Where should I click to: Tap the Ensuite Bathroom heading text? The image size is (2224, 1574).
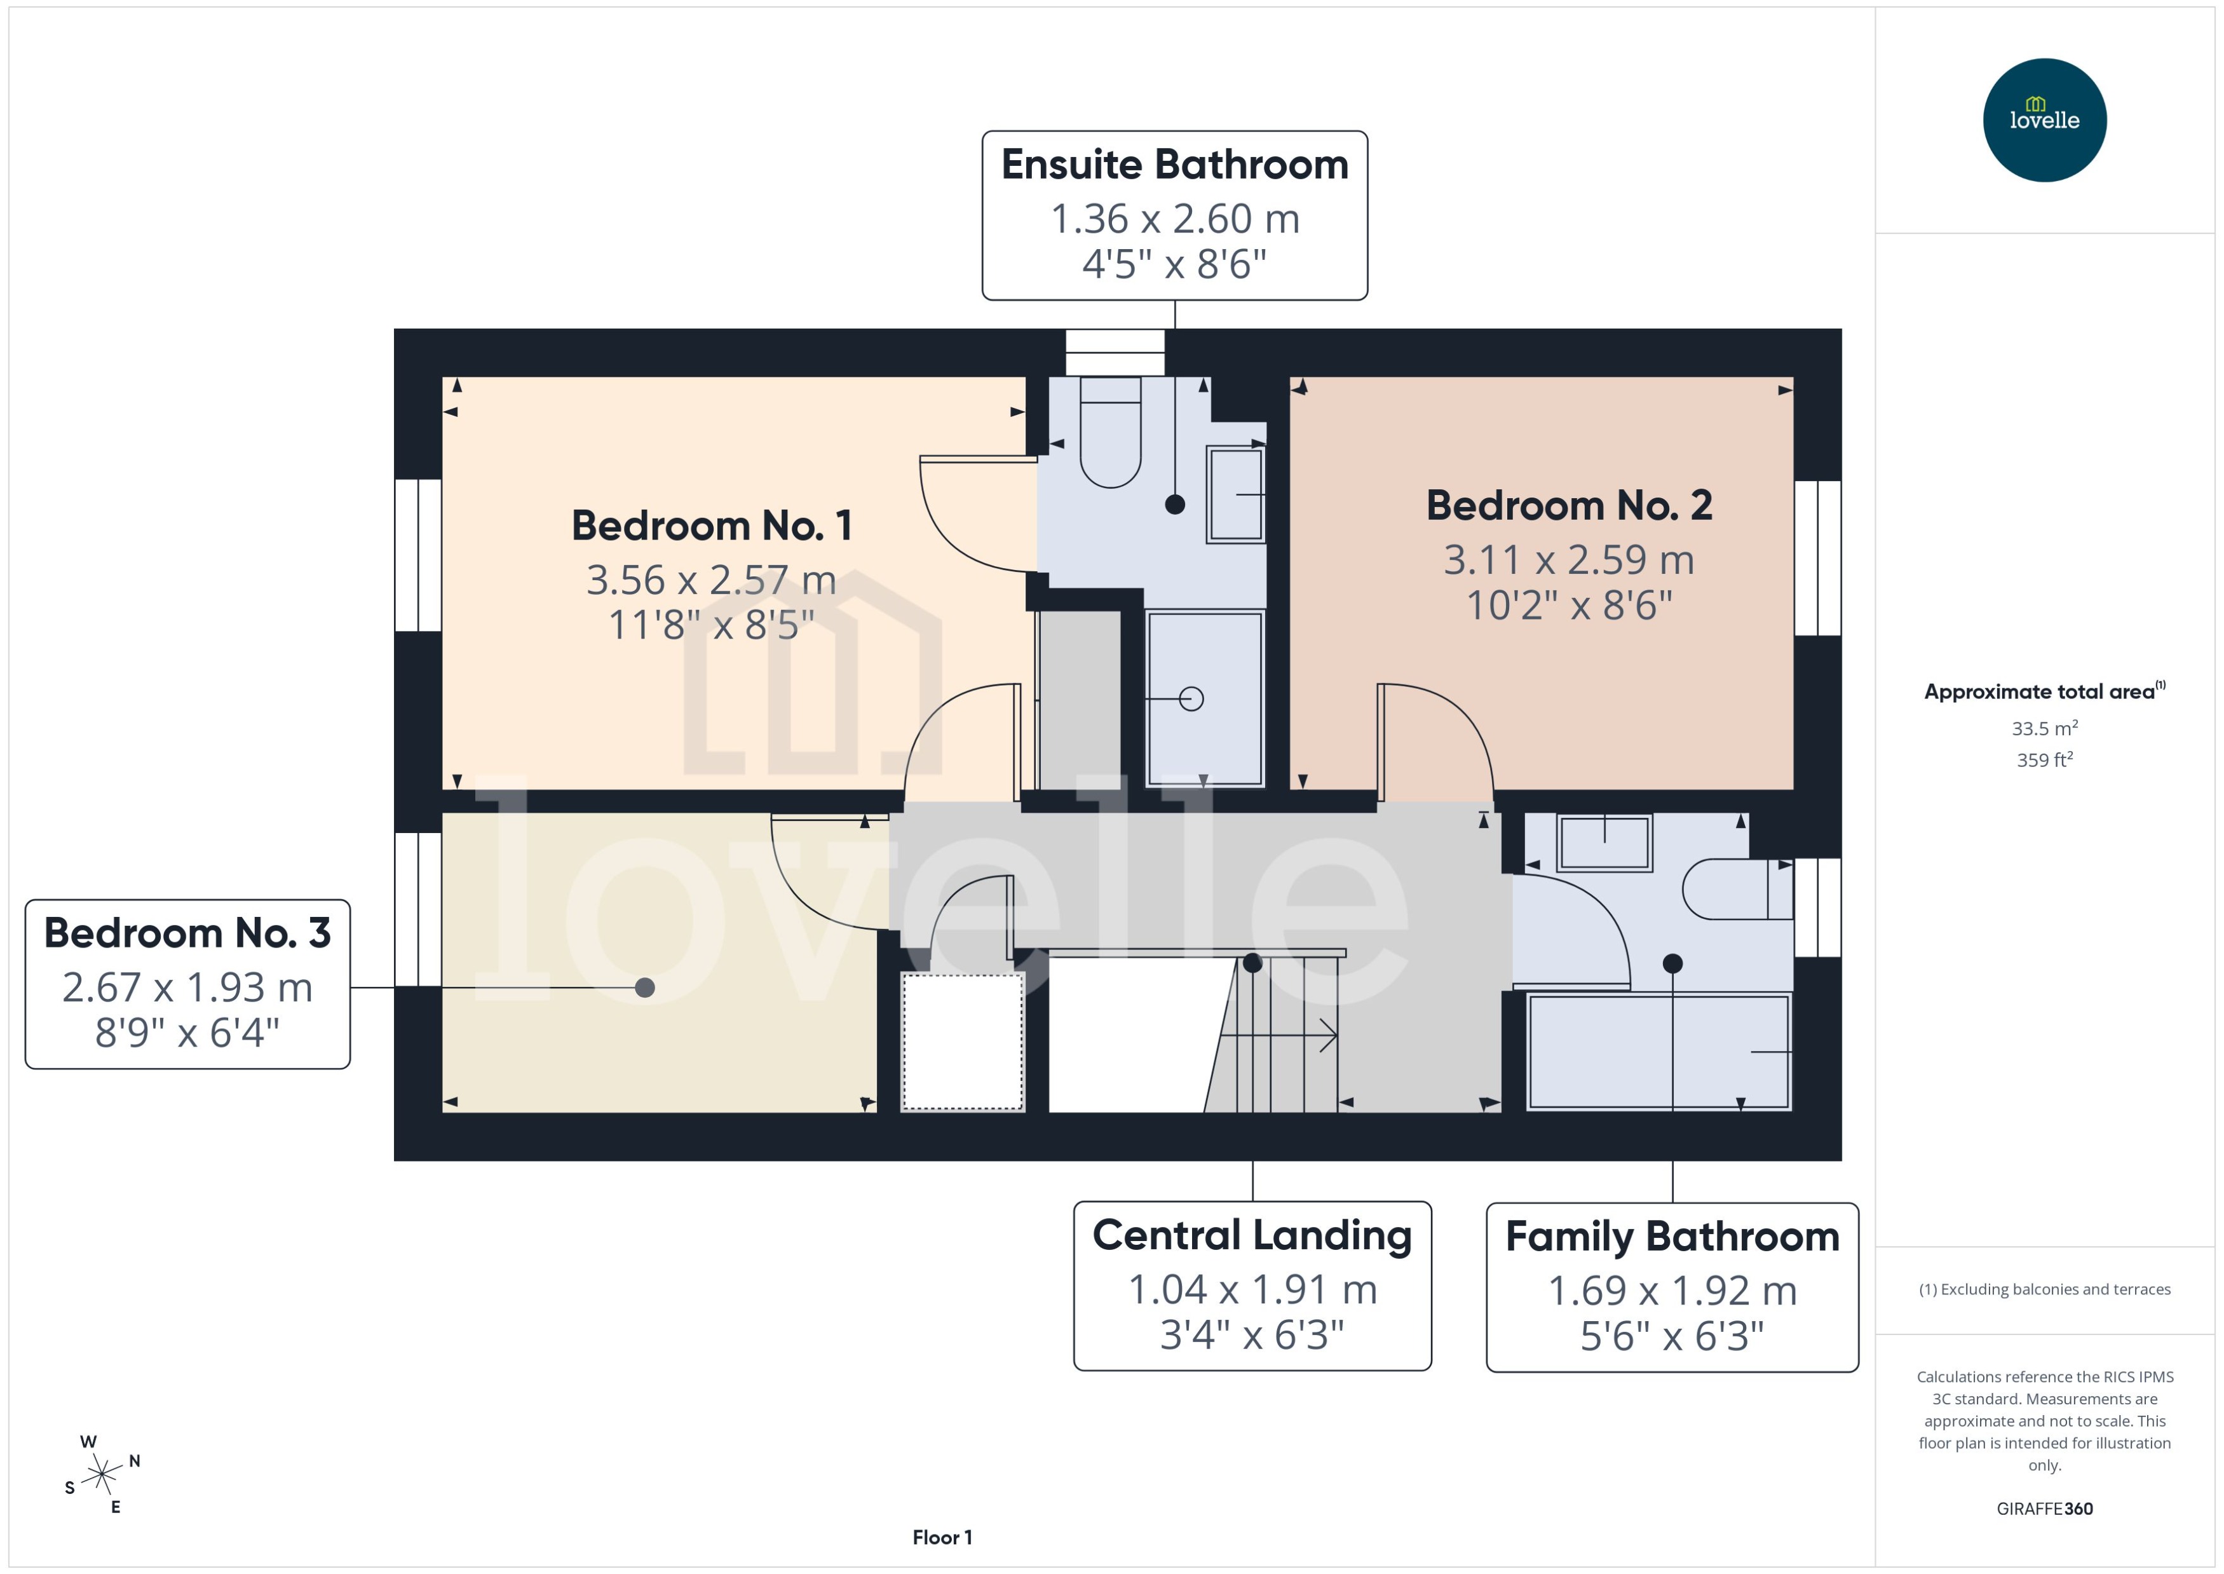(1174, 165)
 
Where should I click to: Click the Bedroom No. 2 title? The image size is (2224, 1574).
(1569, 506)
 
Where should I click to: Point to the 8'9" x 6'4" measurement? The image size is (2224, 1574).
(187, 1033)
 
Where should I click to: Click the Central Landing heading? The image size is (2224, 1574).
(1252, 1236)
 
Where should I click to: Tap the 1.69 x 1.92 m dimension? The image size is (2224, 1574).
(1672, 1291)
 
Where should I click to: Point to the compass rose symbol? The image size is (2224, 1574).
(102, 1475)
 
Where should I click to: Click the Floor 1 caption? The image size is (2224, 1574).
(942, 1537)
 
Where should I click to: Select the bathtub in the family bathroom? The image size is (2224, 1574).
(1657, 1052)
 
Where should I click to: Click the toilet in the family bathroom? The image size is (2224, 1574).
(1735, 889)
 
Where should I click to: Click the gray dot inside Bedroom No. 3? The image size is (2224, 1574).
(644, 987)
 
